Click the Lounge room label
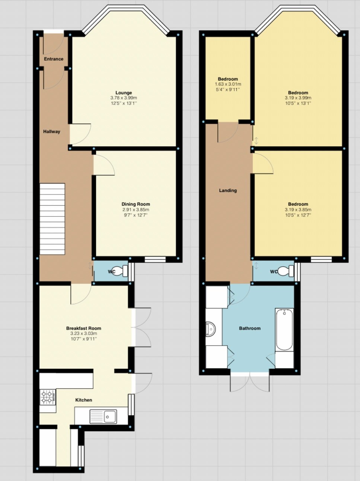pos(124,93)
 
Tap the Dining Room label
pos(136,204)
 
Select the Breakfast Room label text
pos(83,328)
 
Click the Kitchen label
pos(83,400)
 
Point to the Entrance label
pos(54,59)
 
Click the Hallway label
pos(51,131)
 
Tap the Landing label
pos(227,190)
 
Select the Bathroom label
pos(249,328)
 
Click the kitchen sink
pos(103,416)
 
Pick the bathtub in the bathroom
pos(284,330)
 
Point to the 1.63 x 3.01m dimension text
pos(227,84)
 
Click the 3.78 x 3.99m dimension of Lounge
pos(124,98)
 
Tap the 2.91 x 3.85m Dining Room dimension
pos(136,209)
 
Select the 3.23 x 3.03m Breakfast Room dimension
pos(83,333)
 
